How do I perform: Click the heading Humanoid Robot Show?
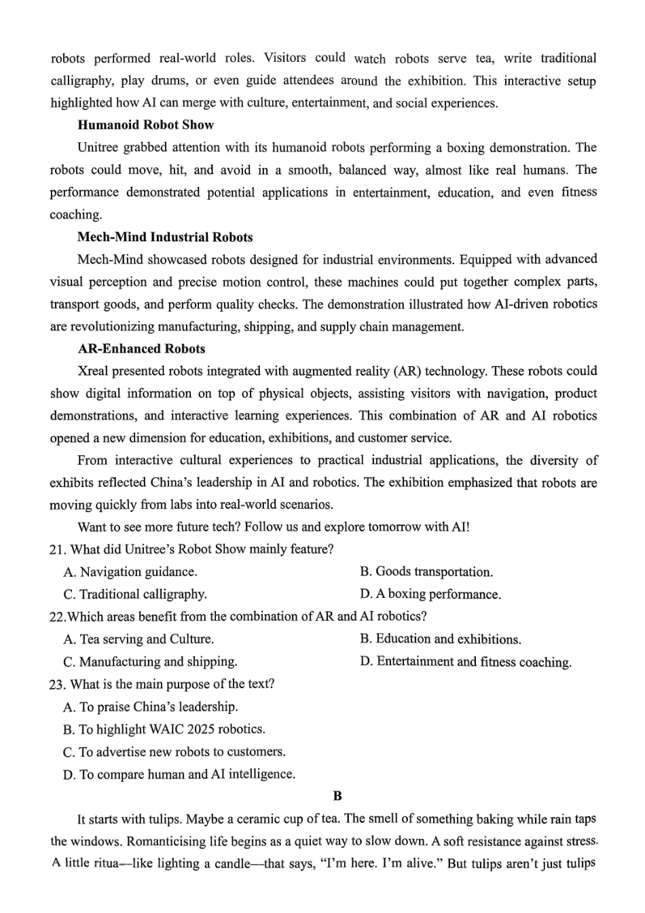(145, 125)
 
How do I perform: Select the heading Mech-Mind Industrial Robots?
(164, 237)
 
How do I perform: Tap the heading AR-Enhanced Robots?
(141, 348)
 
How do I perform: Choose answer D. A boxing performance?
(430, 594)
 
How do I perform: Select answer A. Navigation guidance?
(130, 572)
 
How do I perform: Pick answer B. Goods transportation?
(426, 572)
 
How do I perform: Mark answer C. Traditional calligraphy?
(135, 594)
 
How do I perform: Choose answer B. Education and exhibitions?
(441, 639)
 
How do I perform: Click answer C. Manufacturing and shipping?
(150, 662)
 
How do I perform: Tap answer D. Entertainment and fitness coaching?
(466, 662)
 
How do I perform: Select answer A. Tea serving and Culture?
(139, 639)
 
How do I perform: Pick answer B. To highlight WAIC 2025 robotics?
(164, 729)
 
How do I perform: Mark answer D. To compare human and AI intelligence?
(179, 774)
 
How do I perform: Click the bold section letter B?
(337, 796)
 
